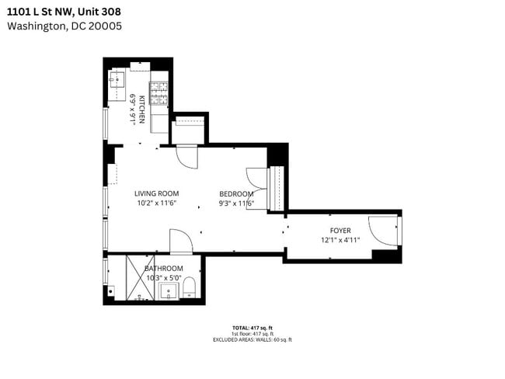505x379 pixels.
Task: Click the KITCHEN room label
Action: pos(142,110)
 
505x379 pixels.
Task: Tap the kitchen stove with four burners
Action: pos(158,93)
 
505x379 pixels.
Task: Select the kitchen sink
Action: pos(117,82)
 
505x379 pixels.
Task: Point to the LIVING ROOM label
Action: pos(156,193)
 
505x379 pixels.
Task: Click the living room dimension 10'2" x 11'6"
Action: pos(156,203)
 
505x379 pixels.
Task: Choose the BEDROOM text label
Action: pos(235,194)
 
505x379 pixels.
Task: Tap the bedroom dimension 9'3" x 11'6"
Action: pos(236,204)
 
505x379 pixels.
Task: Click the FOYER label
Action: pos(340,231)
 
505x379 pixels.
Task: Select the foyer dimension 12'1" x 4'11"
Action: pos(340,240)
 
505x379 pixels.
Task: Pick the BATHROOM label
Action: pos(163,269)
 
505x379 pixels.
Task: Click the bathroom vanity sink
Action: pos(168,292)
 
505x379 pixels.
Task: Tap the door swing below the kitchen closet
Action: pos(187,158)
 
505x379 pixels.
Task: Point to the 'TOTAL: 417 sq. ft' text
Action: pos(252,327)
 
